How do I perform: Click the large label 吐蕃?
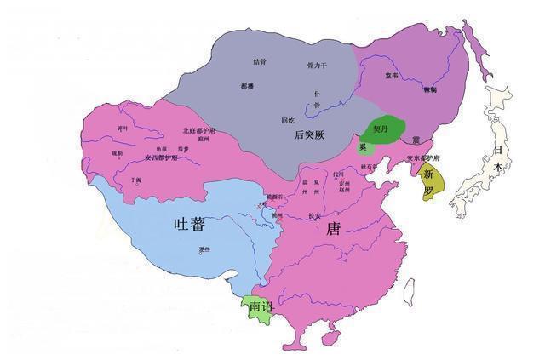(x=188, y=225)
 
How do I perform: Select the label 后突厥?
(x=309, y=134)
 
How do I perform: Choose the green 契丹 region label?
(x=381, y=129)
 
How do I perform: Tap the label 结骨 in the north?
(x=260, y=61)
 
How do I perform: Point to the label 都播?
(x=247, y=86)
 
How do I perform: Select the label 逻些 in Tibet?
(x=203, y=249)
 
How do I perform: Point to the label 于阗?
(x=136, y=180)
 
